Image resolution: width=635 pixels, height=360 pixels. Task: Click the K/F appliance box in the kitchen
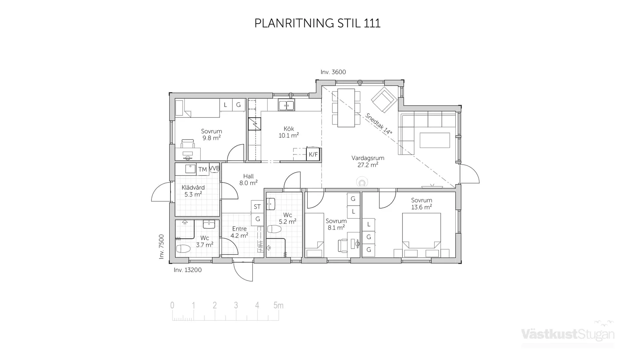tap(313, 154)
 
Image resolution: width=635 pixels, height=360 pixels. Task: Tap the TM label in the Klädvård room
tap(202, 170)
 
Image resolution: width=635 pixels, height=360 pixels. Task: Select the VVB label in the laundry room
tap(214, 168)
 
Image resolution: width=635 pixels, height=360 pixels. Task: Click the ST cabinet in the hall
tap(257, 207)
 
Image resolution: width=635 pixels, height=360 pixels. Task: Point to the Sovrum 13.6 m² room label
tap(421, 204)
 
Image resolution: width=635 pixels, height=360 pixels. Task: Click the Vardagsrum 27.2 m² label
tap(368, 161)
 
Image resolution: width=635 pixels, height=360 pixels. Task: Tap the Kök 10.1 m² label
tap(288, 132)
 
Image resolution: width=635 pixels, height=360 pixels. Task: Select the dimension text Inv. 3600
tap(333, 72)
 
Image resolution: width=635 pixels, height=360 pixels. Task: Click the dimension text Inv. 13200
tap(188, 270)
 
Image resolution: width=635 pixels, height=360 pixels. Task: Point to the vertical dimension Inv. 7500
tap(161, 247)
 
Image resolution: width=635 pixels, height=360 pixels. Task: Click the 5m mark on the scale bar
tap(278, 305)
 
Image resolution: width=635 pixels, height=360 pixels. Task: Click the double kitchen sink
tap(286, 105)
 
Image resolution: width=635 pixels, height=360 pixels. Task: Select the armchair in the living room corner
tap(384, 99)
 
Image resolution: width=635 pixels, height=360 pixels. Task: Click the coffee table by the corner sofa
tap(435, 140)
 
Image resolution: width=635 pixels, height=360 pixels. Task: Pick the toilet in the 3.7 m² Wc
tap(183, 249)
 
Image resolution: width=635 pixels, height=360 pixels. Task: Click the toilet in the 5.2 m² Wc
tap(274, 229)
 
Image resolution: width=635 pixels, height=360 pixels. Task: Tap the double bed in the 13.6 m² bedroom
tap(421, 230)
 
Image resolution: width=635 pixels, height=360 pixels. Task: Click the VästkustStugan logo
tap(568, 334)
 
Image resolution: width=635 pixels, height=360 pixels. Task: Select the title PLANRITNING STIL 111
tap(317, 23)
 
